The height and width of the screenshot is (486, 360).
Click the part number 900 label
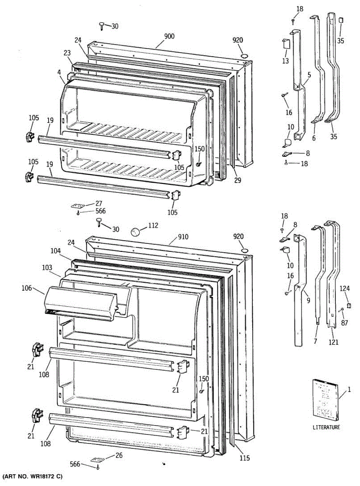(x=169, y=36)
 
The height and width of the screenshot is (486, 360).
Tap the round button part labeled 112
(x=135, y=232)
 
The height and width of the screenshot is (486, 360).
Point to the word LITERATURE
(x=326, y=427)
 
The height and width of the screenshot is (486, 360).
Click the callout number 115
(x=244, y=458)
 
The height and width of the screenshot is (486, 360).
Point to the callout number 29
(x=237, y=181)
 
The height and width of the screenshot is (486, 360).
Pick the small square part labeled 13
(x=285, y=44)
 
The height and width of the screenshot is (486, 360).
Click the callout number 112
(x=153, y=226)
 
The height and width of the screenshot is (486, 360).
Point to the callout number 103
(x=47, y=268)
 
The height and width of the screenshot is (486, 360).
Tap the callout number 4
(x=59, y=73)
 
